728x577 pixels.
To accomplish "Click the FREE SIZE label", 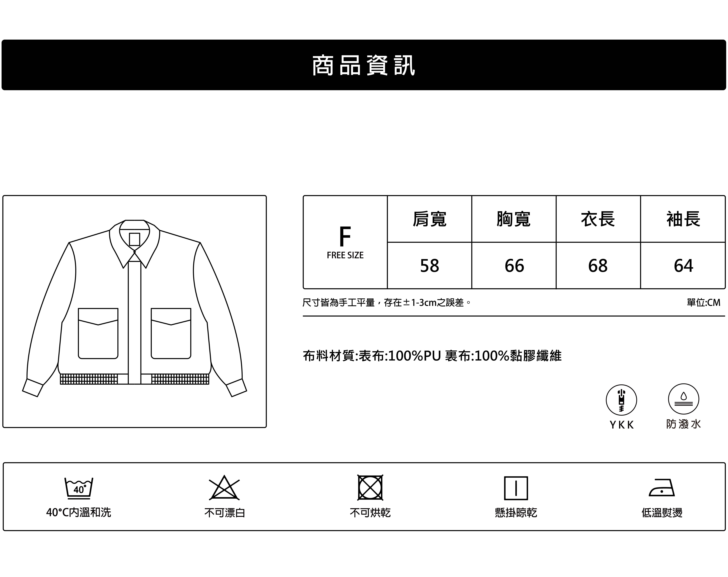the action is [345, 255].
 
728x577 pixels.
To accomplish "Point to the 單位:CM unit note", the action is [703, 303].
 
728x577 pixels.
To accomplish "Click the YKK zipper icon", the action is [621, 400].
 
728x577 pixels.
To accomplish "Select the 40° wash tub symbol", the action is [79, 488].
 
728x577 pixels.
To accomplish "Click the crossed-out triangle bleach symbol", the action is [224, 488].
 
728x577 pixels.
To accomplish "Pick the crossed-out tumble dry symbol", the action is [370, 488].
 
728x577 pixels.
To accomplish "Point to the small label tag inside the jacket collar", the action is [134, 239].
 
